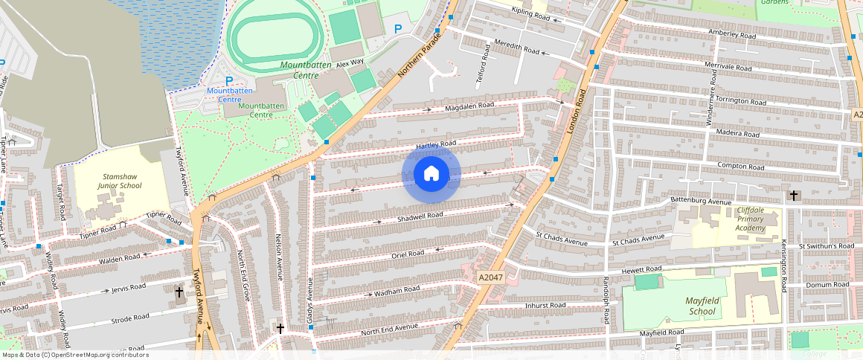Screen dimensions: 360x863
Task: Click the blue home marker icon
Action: (431, 174)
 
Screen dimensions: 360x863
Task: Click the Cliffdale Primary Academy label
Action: (750, 219)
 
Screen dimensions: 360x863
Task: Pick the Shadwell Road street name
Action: (420, 216)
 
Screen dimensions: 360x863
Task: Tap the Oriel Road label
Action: (407, 254)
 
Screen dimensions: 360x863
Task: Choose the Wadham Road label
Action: (397, 290)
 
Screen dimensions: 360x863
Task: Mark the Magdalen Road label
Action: (469, 106)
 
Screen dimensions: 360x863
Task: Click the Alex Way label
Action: (350, 64)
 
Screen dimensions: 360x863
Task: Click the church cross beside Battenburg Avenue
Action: (794, 196)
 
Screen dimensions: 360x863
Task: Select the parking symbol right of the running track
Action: (398, 29)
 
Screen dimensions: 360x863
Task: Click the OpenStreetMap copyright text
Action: (75, 355)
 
